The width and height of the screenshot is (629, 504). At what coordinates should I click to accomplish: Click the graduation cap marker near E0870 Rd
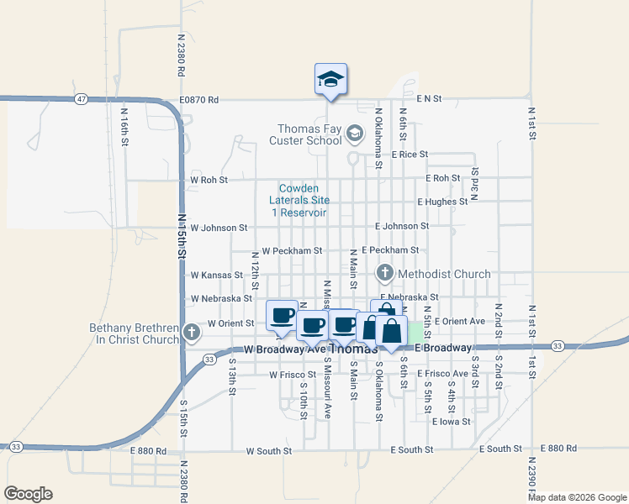coord(330,80)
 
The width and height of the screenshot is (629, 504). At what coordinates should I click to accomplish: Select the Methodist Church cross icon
coord(385,273)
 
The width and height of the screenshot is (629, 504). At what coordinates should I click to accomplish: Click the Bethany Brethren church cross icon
coord(191,333)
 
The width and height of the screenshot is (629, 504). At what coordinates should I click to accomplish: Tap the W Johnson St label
coord(219,228)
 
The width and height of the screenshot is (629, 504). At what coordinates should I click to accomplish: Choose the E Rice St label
coord(410,155)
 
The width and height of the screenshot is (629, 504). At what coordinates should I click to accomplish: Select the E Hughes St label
coord(442,202)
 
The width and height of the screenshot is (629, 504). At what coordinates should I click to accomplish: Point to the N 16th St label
coord(124,126)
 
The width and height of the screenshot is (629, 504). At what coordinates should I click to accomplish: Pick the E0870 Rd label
coord(198,99)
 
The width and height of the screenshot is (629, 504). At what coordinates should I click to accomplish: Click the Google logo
coord(28,494)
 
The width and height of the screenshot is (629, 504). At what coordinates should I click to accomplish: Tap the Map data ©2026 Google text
coord(577,497)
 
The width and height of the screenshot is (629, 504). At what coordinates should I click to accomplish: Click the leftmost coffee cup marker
coord(283,315)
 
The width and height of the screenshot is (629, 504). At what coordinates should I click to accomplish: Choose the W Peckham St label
coord(292,250)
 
